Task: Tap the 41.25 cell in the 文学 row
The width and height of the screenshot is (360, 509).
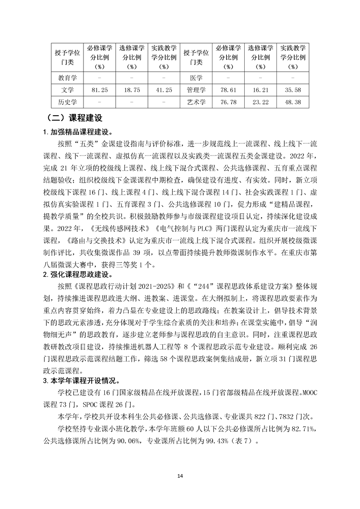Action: click(163, 90)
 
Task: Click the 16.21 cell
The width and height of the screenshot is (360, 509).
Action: click(260, 90)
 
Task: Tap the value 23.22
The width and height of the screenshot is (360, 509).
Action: click(260, 103)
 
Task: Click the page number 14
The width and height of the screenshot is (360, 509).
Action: click(180, 476)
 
